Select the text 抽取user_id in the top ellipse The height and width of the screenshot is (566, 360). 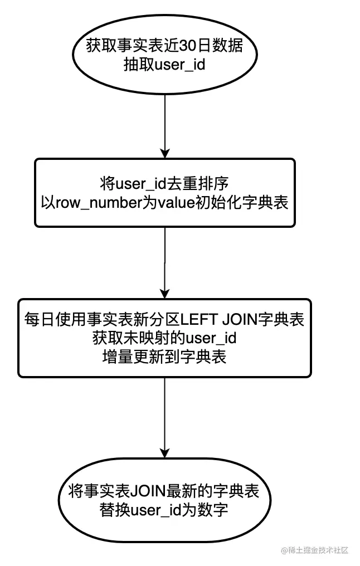pyautogui.click(x=165, y=64)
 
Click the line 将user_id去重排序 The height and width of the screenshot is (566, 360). pyautogui.click(x=165, y=183)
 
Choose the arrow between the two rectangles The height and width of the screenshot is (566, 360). pyautogui.click(x=165, y=262)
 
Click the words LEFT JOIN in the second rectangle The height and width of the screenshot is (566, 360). pyautogui.click(x=215, y=319)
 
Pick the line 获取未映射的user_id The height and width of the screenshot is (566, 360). pyautogui.click(x=165, y=338)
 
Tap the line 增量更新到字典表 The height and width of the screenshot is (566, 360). pyautogui.click(x=165, y=357)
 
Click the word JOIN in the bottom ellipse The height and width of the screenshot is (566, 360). pyautogui.click(x=144, y=492)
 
